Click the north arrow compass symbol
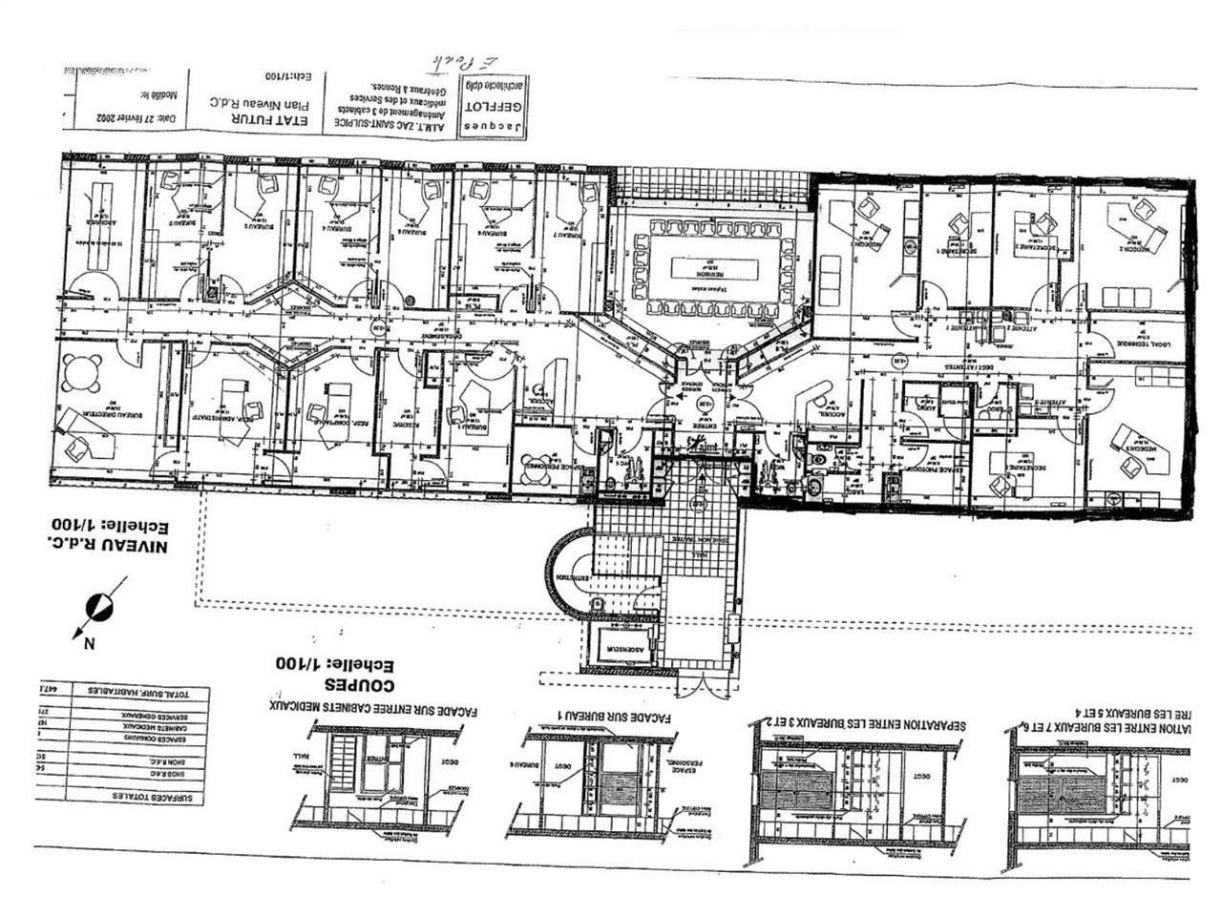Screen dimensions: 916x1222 (98, 606)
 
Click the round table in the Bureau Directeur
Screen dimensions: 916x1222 (84, 371)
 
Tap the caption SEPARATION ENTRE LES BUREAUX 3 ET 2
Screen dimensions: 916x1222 (865, 724)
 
